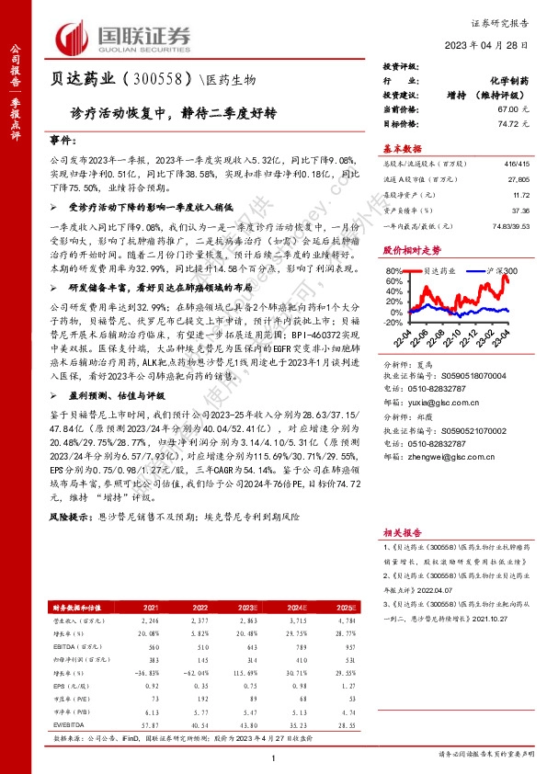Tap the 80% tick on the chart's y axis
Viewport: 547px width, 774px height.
393,271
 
